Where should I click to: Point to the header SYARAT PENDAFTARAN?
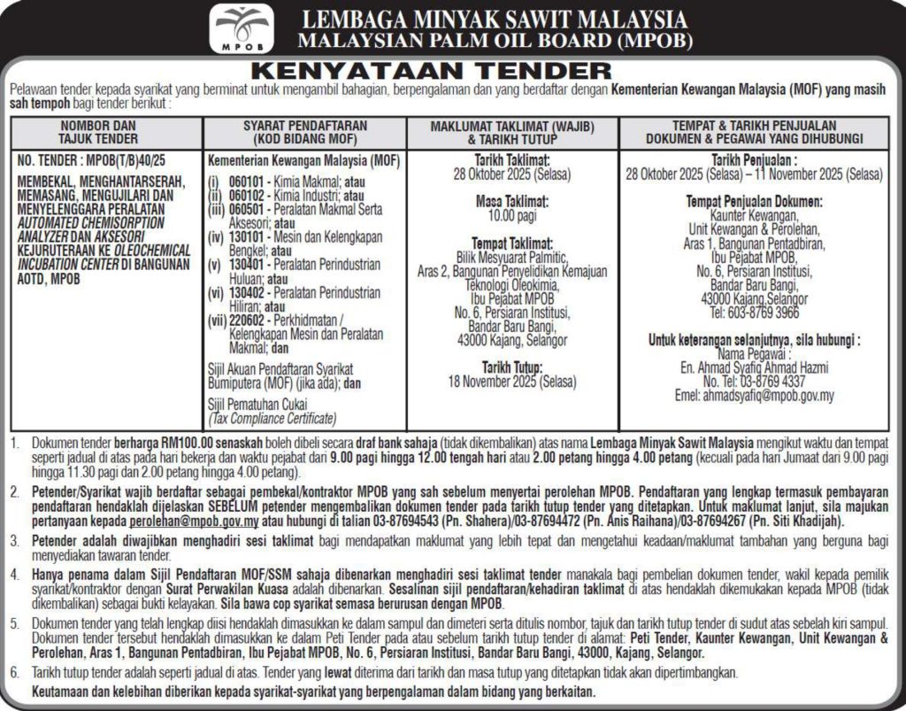[303, 127]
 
